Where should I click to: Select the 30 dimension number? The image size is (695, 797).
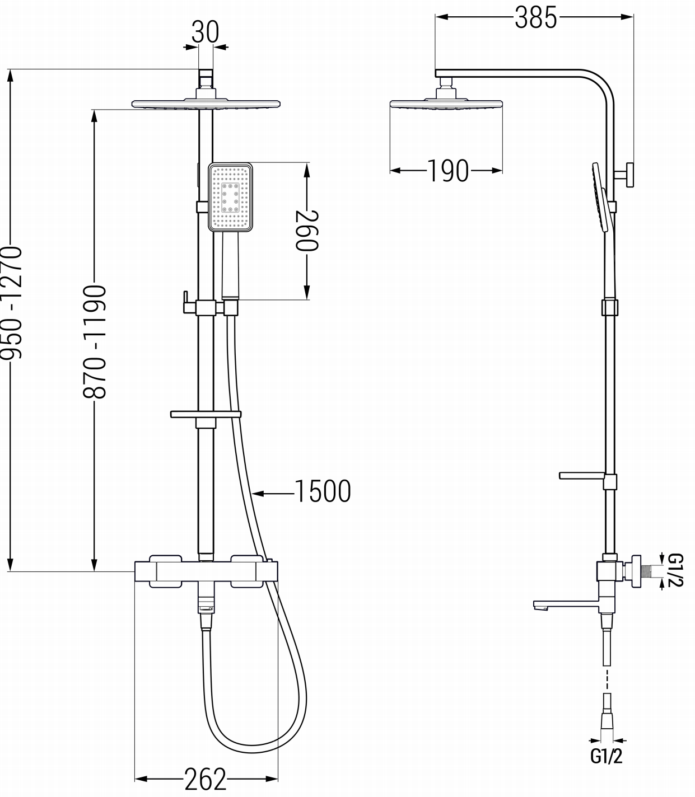(206, 32)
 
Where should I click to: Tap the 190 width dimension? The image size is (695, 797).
(447, 171)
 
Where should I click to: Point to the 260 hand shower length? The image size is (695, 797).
(307, 230)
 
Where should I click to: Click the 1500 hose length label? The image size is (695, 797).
(322, 491)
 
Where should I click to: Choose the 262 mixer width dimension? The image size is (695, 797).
(206, 779)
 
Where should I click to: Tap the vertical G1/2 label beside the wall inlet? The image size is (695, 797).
(675, 570)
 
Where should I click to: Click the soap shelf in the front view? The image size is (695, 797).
(206, 415)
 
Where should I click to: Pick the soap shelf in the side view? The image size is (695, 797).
(582, 476)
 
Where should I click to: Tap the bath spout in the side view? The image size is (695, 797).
(566, 604)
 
